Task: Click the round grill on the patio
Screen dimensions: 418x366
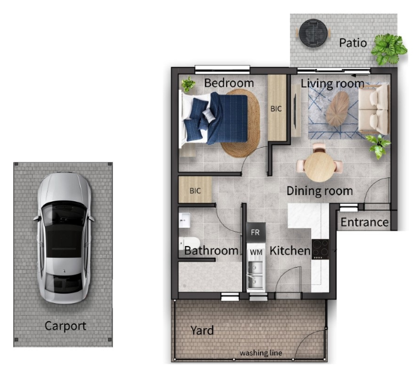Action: [x=313, y=33]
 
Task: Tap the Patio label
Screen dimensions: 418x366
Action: [x=353, y=43]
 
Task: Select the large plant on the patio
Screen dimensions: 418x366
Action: [x=389, y=49]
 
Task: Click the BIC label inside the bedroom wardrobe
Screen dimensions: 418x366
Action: [x=276, y=109]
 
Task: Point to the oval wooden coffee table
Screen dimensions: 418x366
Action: [x=337, y=109]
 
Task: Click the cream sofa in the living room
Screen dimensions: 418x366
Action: [x=374, y=109]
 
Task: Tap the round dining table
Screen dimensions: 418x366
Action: [x=319, y=166]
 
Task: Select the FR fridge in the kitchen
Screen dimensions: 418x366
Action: [x=255, y=232]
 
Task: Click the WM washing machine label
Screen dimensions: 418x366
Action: [x=256, y=252]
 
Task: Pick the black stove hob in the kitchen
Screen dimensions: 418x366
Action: [x=320, y=249]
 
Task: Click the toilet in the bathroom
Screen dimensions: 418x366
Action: [x=189, y=243]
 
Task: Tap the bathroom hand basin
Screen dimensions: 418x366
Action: [x=184, y=220]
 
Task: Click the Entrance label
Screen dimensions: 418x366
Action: [x=364, y=222]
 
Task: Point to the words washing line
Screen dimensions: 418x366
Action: [x=261, y=353]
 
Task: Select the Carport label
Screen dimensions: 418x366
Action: [x=65, y=326]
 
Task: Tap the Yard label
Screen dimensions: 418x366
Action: [x=202, y=330]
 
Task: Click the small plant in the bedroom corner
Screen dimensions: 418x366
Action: [x=188, y=84]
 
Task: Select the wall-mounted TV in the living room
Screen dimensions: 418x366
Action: [x=295, y=111]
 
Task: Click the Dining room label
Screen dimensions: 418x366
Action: [x=320, y=191]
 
